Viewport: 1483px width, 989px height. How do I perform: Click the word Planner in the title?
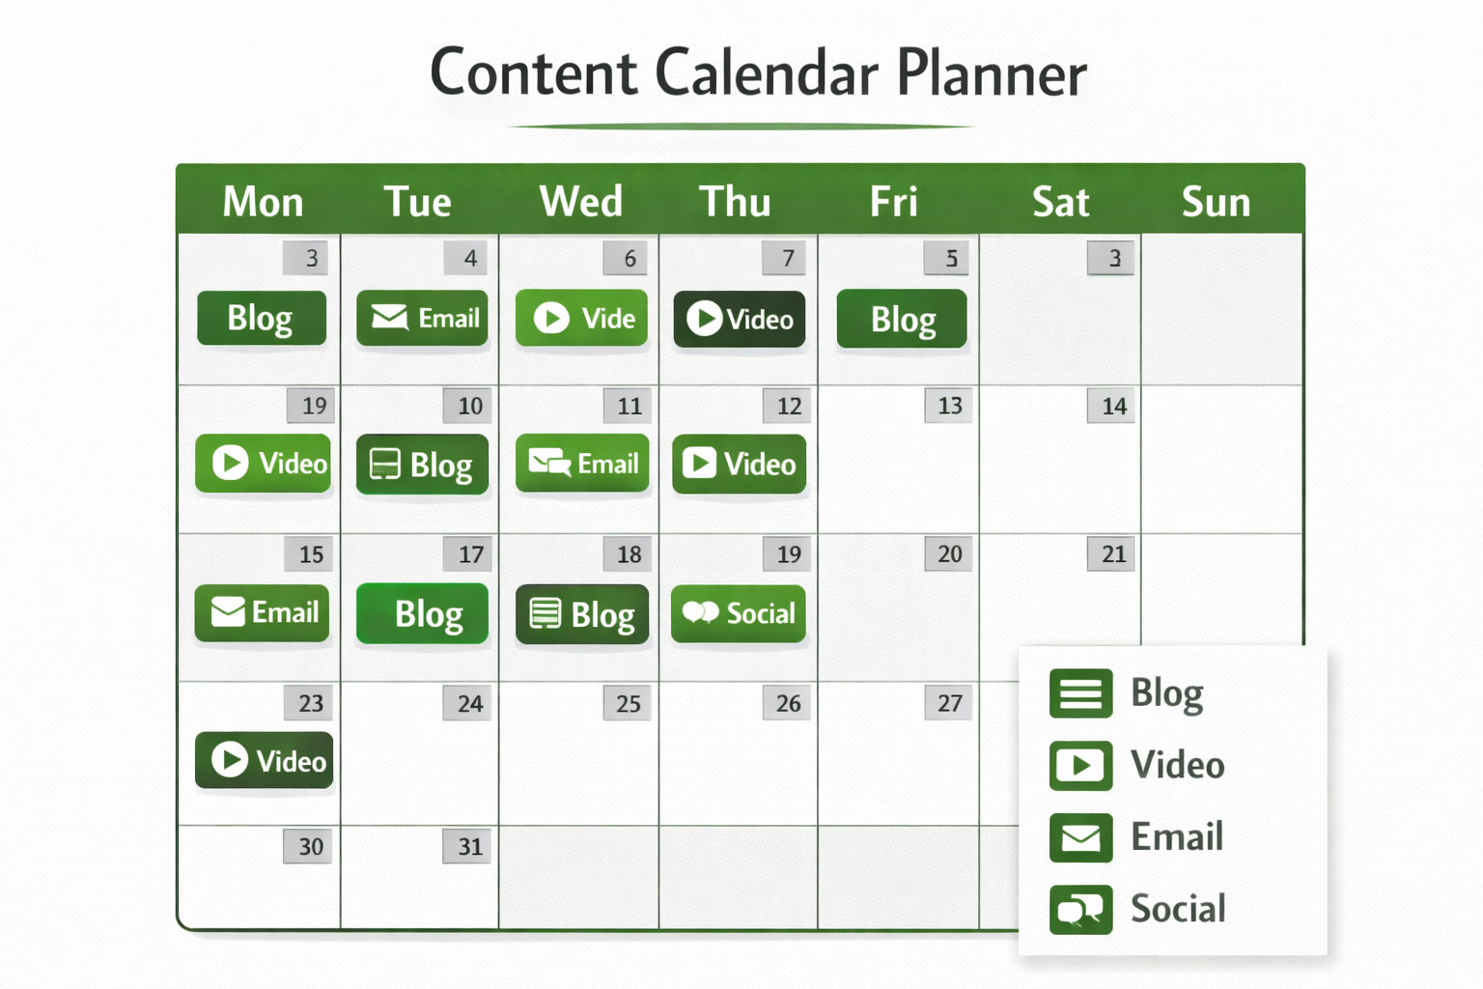[x=991, y=73]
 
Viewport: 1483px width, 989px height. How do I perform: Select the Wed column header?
[x=580, y=202]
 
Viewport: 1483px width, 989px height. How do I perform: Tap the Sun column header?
[x=1216, y=202]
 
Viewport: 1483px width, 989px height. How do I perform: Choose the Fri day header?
[x=893, y=202]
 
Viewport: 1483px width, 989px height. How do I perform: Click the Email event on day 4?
[x=422, y=318]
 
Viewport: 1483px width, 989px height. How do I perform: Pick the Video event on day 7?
[x=740, y=319]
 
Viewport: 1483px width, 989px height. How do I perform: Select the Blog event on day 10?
[x=422, y=465]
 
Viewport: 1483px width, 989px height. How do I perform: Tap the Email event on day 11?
[x=582, y=464]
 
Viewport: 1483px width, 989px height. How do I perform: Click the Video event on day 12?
[x=740, y=464]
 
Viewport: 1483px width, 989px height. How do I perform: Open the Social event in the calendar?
[x=739, y=613]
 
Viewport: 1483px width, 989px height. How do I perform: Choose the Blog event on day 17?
[x=422, y=613]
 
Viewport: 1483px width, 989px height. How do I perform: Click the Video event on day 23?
[x=265, y=760]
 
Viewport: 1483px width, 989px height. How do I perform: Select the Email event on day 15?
[x=263, y=612]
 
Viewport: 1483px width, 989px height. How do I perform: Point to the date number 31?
[x=469, y=846]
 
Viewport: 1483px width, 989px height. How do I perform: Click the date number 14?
[x=1113, y=406]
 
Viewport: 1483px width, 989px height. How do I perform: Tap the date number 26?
[x=788, y=703]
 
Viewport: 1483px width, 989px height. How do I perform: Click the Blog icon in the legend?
[x=1080, y=693]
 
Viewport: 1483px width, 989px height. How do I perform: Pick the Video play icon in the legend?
[x=1080, y=766]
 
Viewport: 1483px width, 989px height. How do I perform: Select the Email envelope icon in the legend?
[x=1080, y=837]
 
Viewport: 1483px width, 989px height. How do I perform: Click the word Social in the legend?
[x=1178, y=909]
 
